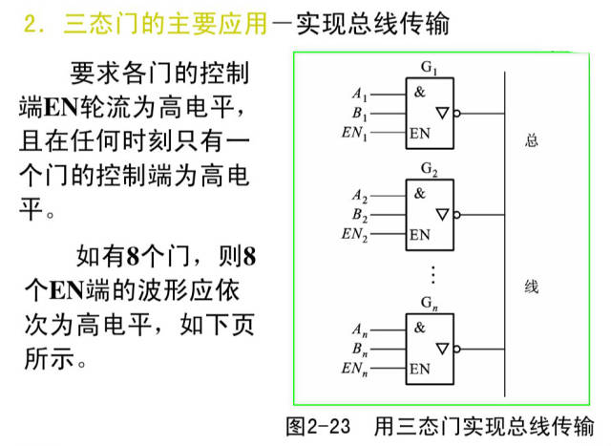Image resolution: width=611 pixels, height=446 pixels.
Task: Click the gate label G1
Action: coord(429,68)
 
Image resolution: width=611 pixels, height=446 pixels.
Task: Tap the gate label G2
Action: coord(429,169)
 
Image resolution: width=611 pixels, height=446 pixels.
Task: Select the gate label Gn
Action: coord(429,304)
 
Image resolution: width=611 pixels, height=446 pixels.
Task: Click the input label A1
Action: coord(360,95)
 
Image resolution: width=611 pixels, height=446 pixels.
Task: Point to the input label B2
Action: coord(360,215)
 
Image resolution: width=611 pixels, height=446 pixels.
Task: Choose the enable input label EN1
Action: coord(354,133)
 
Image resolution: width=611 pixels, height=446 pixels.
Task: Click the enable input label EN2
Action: coord(354,234)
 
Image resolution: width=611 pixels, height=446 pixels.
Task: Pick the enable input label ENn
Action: coord(354,369)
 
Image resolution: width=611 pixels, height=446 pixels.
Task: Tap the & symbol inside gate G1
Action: coord(419,92)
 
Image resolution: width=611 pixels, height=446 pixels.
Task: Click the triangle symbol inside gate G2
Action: coord(442,215)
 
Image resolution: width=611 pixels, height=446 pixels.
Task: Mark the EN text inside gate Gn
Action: coord(420,369)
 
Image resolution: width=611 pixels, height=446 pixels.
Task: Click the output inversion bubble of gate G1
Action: coord(457,114)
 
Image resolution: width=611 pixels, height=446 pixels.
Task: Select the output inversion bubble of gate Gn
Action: coord(457,349)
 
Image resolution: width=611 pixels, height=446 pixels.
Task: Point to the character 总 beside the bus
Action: coord(532,140)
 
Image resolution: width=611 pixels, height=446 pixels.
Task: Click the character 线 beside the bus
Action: coord(532,287)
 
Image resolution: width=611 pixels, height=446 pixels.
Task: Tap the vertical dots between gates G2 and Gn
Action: coord(432,274)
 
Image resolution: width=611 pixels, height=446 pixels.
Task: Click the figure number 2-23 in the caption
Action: coord(328,427)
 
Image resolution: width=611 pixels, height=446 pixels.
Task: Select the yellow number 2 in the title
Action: coord(30,24)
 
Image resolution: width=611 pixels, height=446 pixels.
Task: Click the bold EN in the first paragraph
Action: coord(61,107)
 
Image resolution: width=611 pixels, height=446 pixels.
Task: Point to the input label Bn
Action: coord(360,350)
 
